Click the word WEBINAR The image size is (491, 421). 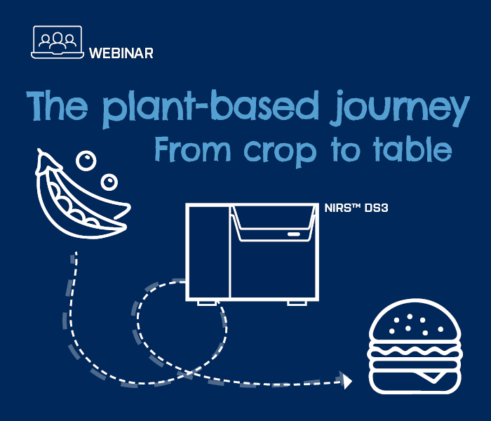click(121, 53)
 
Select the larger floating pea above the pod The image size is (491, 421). click(85, 161)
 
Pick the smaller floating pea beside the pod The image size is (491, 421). click(109, 182)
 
